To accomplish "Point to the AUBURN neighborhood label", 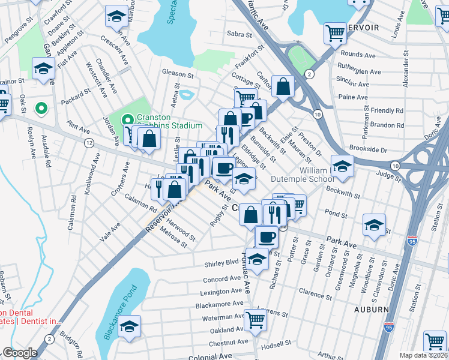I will (x=371, y=310).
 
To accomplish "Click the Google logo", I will (x=20, y=353).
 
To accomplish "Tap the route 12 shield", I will (x=89, y=143).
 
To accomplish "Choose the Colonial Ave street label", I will (x=210, y=356).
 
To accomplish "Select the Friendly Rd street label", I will (x=387, y=110).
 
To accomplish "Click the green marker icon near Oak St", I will (x=41, y=109).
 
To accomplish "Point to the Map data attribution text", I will (x=424, y=355).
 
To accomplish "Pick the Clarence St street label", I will (x=315, y=293).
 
